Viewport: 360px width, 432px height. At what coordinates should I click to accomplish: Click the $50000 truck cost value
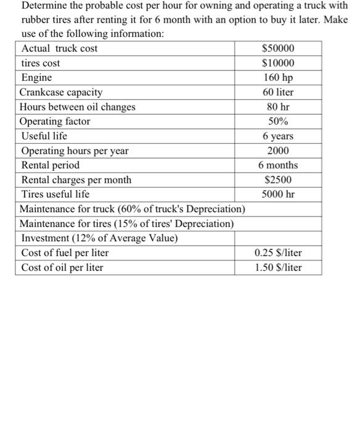[x=278, y=48]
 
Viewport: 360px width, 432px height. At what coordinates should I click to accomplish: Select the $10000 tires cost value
[x=278, y=63]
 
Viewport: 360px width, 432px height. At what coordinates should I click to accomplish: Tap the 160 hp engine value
[x=278, y=78]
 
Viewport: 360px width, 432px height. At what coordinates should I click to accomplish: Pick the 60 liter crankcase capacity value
[x=278, y=92]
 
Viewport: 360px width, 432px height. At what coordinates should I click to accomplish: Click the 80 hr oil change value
[x=278, y=107]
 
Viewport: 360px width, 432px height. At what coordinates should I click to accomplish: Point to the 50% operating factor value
[x=278, y=122]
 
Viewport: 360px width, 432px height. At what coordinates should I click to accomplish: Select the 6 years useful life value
[x=278, y=136]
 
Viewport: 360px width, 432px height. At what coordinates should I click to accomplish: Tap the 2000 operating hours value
[x=278, y=151]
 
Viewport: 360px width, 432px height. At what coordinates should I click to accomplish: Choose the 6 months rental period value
[x=278, y=165]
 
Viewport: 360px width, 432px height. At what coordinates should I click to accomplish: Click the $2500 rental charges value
[x=278, y=180]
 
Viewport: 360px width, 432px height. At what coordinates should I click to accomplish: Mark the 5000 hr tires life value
[x=278, y=194]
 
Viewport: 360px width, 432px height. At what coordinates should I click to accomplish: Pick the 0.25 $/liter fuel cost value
[x=278, y=253]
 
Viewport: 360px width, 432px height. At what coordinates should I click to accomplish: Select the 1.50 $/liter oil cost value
[x=278, y=268]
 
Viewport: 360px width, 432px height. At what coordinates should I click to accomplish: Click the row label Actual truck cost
[x=59, y=48]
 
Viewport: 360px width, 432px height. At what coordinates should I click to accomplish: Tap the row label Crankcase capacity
[x=62, y=92]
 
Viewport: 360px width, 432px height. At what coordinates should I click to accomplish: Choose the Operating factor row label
[x=55, y=122]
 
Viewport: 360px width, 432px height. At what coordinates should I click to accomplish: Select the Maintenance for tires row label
[x=126, y=223]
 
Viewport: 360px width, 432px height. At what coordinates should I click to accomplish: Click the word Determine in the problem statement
[x=44, y=6]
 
